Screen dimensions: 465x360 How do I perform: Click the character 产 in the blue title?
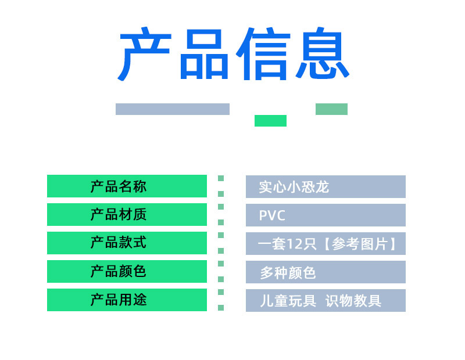coord(145,55)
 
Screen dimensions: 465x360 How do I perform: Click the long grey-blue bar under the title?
coord(173,109)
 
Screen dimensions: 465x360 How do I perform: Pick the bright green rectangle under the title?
coord(270,121)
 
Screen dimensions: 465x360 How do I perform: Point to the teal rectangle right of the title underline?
coord(331,109)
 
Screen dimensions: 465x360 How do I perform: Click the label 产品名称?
coord(119,186)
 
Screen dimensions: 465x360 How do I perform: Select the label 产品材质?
coord(119,215)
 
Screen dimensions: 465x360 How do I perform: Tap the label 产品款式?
coord(119,243)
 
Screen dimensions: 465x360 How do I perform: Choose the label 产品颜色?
coord(119,271)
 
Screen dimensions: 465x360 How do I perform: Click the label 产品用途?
coord(119,300)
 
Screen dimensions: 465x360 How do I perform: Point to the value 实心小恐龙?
coord(294,187)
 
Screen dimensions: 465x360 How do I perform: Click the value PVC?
coord(273,215)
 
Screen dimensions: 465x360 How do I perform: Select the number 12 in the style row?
coord(295,244)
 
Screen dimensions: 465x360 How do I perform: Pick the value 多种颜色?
coord(288,272)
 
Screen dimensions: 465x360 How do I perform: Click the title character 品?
coord(203,55)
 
